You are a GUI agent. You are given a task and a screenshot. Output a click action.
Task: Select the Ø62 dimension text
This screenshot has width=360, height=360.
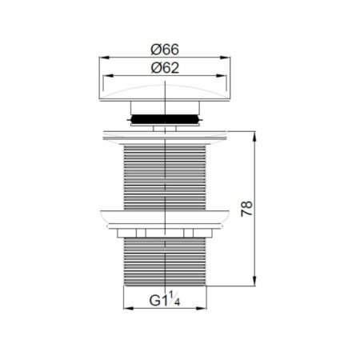pyautogui.click(x=163, y=67)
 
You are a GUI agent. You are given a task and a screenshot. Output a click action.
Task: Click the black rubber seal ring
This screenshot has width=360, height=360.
pyautogui.click(x=163, y=117)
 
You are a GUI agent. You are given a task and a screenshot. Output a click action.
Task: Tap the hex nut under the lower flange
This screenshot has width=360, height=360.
pyautogui.click(x=163, y=233)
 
